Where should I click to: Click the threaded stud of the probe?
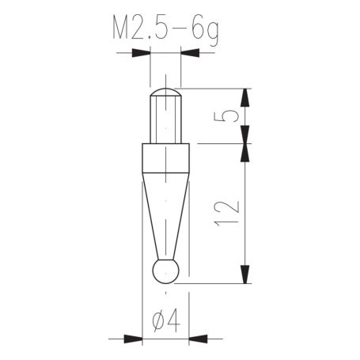[165, 119]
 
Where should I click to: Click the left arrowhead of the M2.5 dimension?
[141, 53]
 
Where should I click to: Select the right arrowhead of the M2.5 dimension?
[190, 53]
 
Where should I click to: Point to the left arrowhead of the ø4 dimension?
[132, 339]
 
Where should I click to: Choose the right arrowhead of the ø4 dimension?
[199, 339]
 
